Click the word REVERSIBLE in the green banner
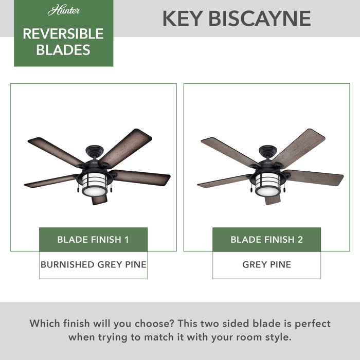pos(63,34)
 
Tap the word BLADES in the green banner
pos(63,50)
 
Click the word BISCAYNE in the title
pos(260,19)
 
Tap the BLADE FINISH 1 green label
pos(93,240)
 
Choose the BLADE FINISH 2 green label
pos(266,240)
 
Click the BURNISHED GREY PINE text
pos(93,265)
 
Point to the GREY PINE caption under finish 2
pos(266,265)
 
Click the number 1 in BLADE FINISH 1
pos(126,240)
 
